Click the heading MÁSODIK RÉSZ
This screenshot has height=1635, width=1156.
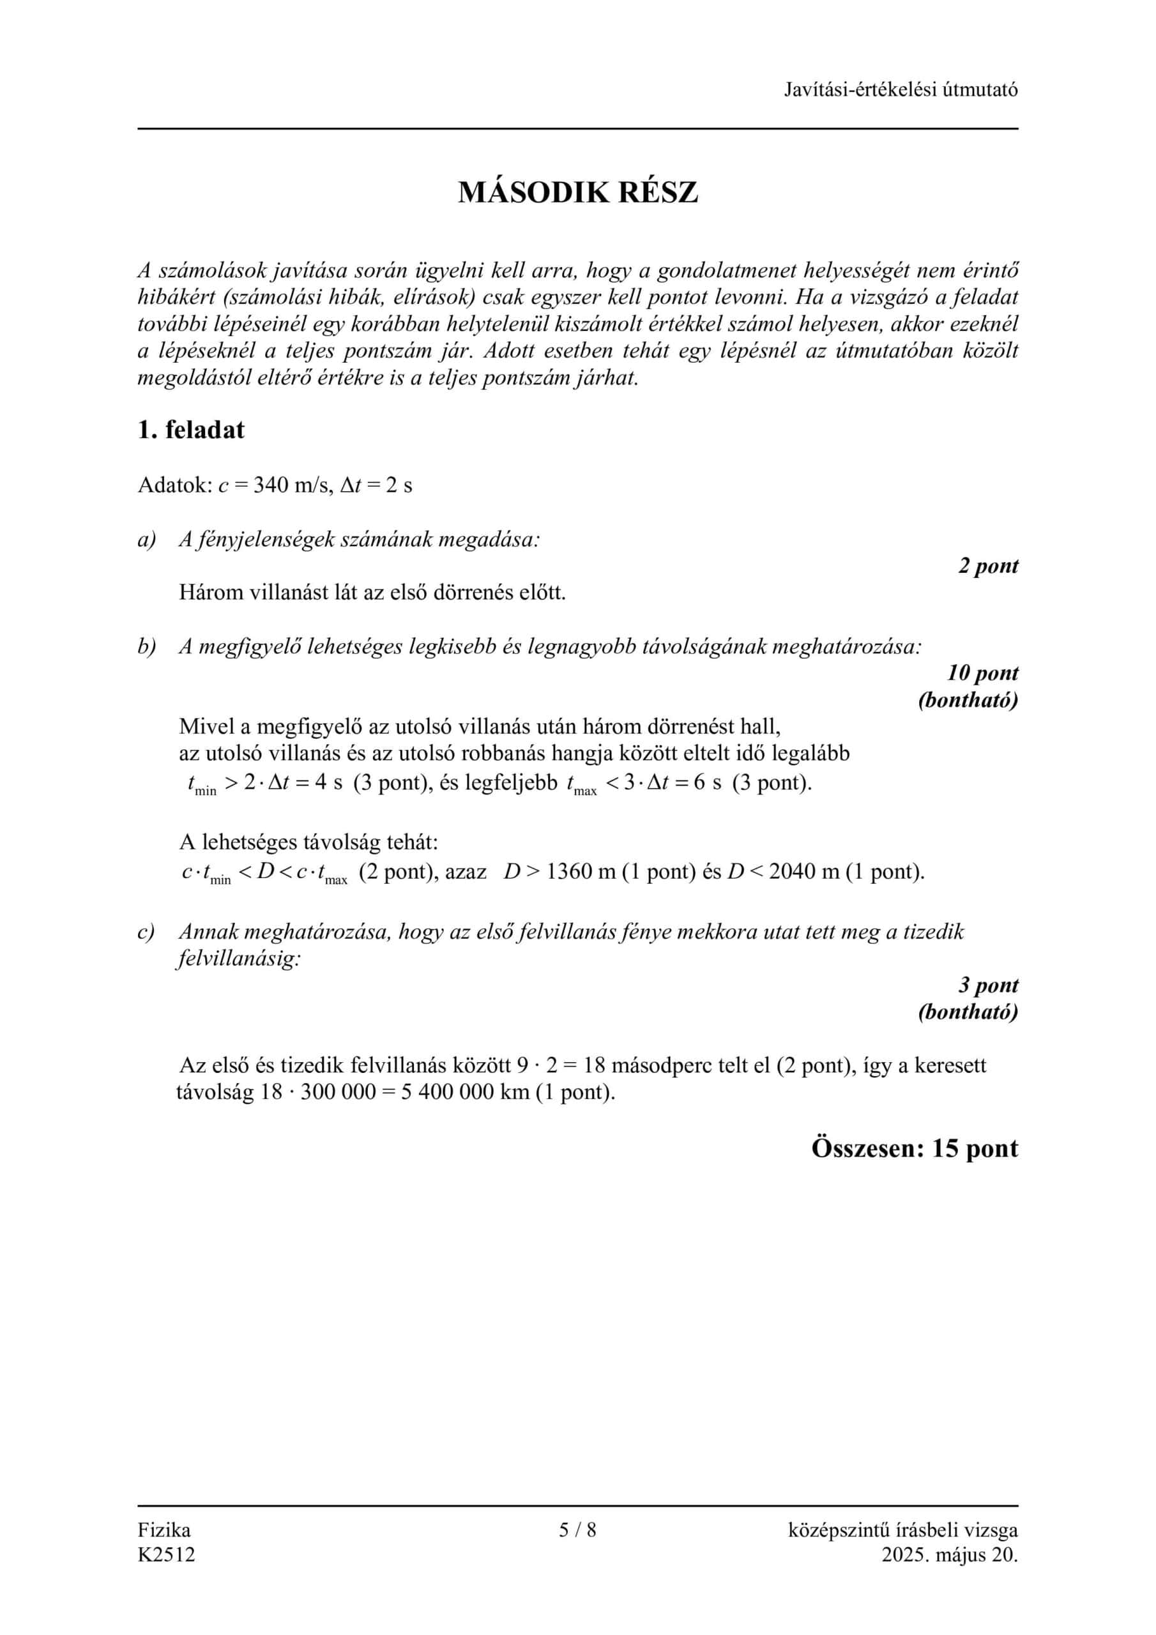[x=577, y=192]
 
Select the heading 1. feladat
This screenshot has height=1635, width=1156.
[x=190, y=430]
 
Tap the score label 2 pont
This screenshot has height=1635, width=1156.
[x=988, y=566]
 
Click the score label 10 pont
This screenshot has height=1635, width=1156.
[x=982, y=673]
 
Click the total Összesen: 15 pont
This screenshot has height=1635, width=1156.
[x=915, y=1148]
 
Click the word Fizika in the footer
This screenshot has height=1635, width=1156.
[x=164, y=1530]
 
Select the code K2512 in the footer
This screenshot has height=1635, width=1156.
[x=166, y=1555]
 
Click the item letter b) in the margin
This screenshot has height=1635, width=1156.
[x=146, y=646]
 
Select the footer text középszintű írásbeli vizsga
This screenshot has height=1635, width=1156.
[x=902, y=1530]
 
